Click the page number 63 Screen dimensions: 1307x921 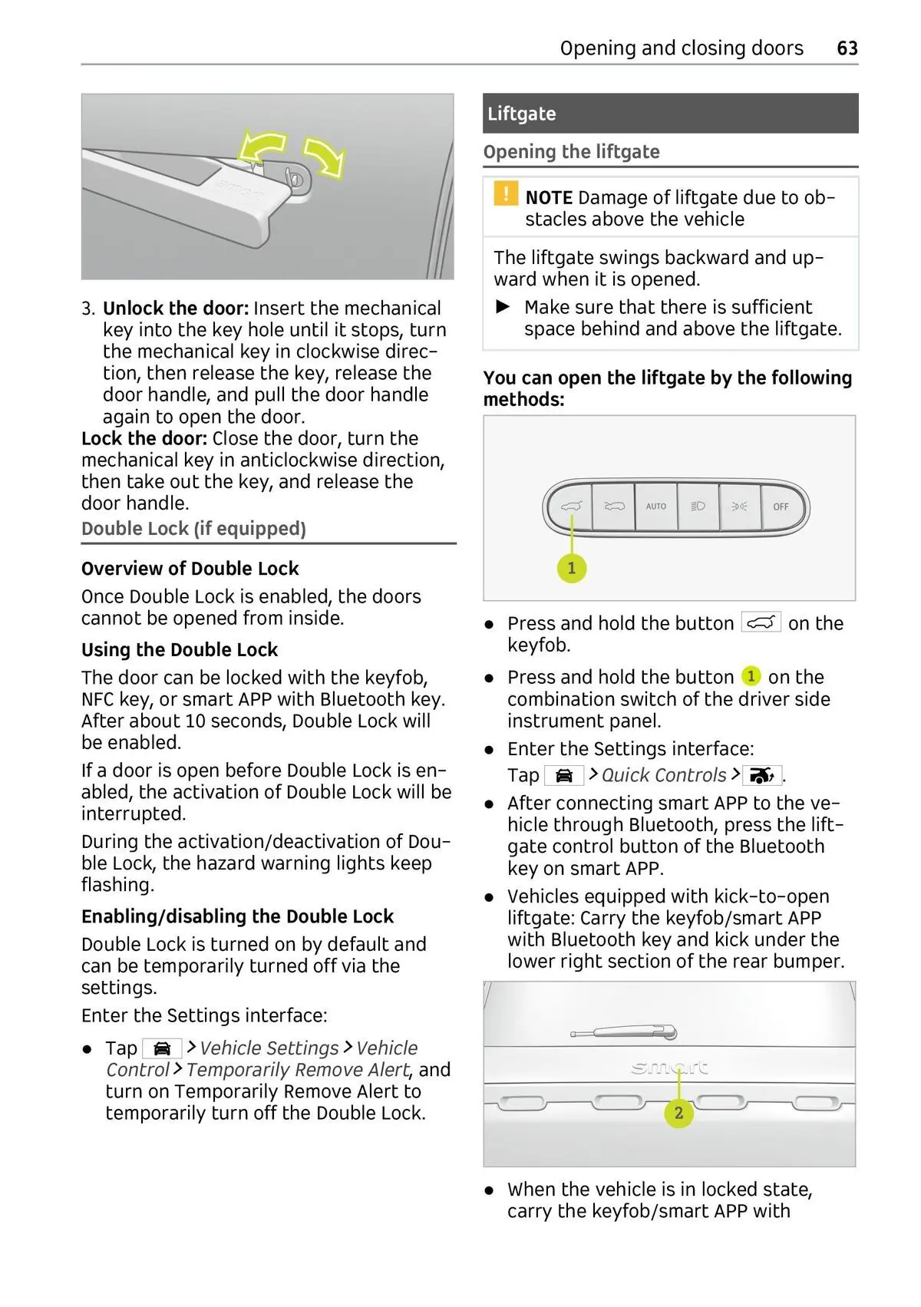coord(847,48)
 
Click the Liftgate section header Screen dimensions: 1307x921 coord(522,114)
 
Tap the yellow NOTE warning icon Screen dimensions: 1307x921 coord(505,193)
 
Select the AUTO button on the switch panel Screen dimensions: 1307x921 coord(655,507)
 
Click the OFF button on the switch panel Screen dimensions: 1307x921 coord(781,507)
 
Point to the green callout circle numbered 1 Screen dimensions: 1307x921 coord(571,568)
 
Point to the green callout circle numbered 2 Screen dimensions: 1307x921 coord(678,1112)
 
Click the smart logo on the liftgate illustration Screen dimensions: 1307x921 coord(669,1068)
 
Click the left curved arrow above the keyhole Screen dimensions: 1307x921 coord(263,147)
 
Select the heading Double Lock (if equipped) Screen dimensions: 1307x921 coord(193,529)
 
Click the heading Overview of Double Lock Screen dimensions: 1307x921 coord(190,569)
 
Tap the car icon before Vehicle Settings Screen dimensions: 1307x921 coord(162,1048)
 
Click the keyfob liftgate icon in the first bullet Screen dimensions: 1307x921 coord(761,622)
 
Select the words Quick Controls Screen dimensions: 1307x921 coord(664,775)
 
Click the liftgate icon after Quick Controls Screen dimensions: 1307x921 coord(761,776)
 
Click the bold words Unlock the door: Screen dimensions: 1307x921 coord(176,309)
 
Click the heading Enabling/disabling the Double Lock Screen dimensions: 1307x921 coord(237,916)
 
